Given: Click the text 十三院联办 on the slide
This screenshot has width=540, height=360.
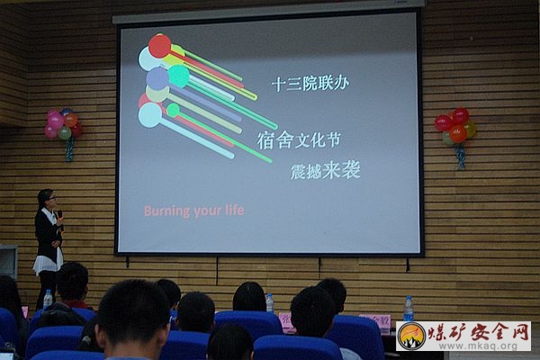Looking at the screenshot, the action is pyautogui.click(x=310, y=84).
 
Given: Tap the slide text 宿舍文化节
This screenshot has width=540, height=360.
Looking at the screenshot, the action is pyautogui.click(x=299, y=140).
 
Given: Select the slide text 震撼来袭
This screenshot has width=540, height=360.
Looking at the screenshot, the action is pyautogui.click(x=326, y=170).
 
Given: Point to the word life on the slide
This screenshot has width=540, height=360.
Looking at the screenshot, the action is pyautogui.click(x=235, y=210).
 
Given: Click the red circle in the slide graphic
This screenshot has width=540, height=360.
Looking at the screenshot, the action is pyautogui.click(x=160, y=46).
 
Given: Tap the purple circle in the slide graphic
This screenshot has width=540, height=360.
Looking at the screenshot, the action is pyautogui.click(x=157, y=78).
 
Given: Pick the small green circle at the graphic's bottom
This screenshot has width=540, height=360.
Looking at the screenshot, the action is pyautogui.click(x=173, y=110).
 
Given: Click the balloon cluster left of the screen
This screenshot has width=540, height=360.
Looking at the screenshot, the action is pyautogui.click(x=63, y=124).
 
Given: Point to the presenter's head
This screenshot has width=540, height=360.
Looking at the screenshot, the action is pyautogui.click(x=47, y=198).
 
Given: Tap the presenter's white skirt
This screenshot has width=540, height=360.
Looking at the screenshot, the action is pyautogui.click(x=48, y=262).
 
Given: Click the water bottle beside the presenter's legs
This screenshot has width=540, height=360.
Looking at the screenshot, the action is pyautogui.click(x=48, y=299).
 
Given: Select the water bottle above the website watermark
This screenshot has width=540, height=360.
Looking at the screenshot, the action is pyautogui.click(x=409, y=309).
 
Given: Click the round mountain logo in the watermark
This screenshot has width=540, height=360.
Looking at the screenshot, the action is pyautogui.click(x=412, y=337).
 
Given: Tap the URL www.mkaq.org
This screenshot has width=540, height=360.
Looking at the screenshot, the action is pyautogui.click(x=479, y=346).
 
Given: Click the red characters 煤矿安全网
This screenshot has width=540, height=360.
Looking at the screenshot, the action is pyautogui.click(x=479, y=331).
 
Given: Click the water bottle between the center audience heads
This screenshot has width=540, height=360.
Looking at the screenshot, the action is pyautogui.click(x=270, y=302).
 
